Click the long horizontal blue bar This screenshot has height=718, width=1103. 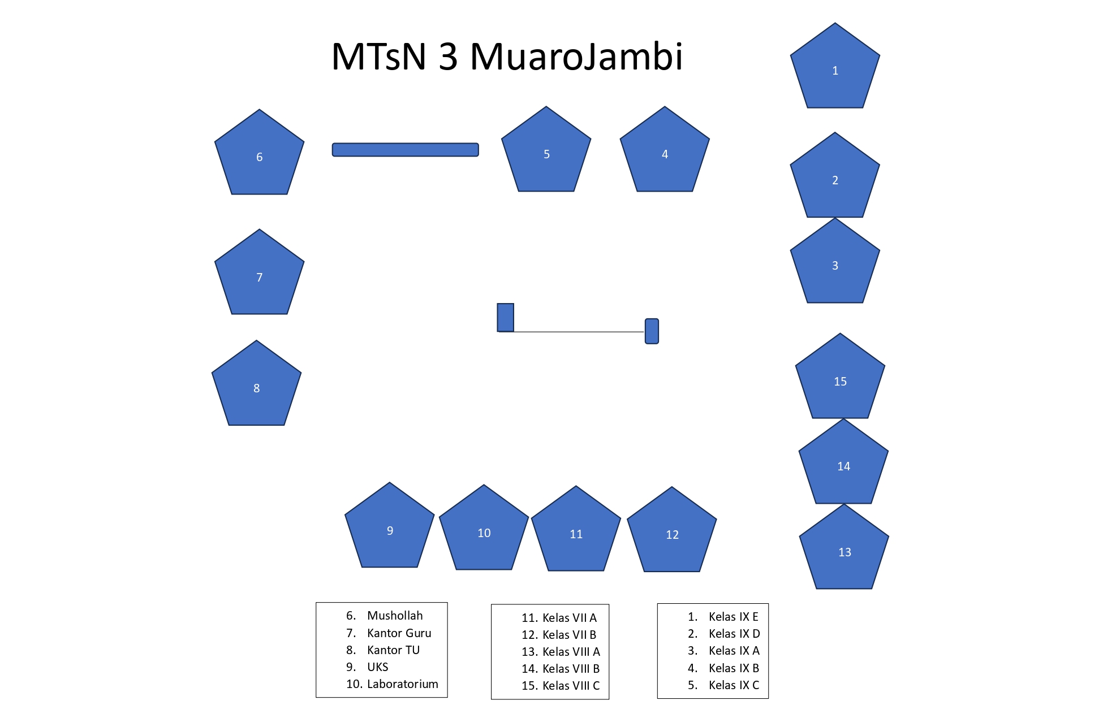click(x=405, y=150)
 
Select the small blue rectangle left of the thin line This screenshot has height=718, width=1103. click(x=505, y=317)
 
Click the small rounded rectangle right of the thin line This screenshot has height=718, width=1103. click(x=652, y=331)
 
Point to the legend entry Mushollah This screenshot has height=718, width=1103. click(x=394, y=616)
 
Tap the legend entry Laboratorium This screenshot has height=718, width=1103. click(x=402, y=684)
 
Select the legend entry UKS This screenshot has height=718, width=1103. click(x=377, y=667)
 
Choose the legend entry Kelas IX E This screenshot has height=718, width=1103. click(x=733, y=617)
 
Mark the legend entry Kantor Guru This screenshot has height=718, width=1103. click(x=399, y=633)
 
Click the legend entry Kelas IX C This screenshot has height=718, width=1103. click(x=734, y=685)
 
